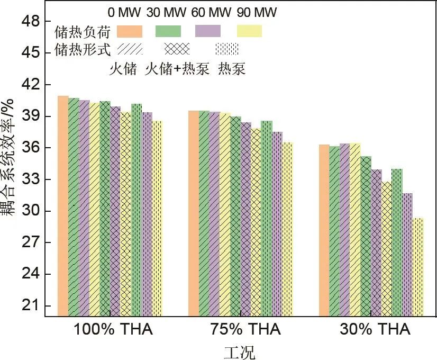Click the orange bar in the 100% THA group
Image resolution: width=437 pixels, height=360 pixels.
(x=63, y=206)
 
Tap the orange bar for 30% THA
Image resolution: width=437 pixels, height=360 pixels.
(x=324, y=230)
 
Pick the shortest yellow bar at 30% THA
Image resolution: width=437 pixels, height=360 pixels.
(x=418, y=267)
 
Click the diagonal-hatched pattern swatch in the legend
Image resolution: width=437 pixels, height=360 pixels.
(x=130, y=49)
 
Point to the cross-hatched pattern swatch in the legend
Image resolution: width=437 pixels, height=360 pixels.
(x=177, y=49)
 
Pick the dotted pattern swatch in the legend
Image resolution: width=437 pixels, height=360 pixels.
(x=226, y=49)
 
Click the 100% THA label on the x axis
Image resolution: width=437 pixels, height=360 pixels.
(x=113, y=330)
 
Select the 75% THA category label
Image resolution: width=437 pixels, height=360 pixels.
(x=242, y=330)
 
